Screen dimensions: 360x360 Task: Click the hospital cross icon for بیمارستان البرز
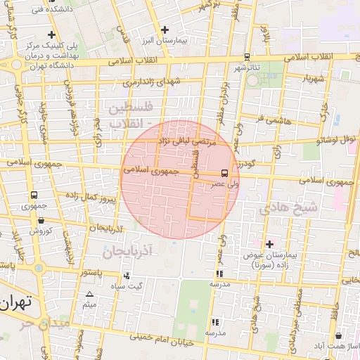click(165, 30)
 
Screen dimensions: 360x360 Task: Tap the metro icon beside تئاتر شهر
click(246, 57)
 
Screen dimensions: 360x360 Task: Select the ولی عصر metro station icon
click(224, 172)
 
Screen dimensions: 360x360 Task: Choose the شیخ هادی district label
click(288, 208)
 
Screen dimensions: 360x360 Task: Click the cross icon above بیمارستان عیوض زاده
click(269, 243)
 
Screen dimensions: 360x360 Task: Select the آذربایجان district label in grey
click(127, 250)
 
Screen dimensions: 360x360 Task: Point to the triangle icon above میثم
click(89, 295)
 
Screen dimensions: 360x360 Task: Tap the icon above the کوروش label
click(40, 220)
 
